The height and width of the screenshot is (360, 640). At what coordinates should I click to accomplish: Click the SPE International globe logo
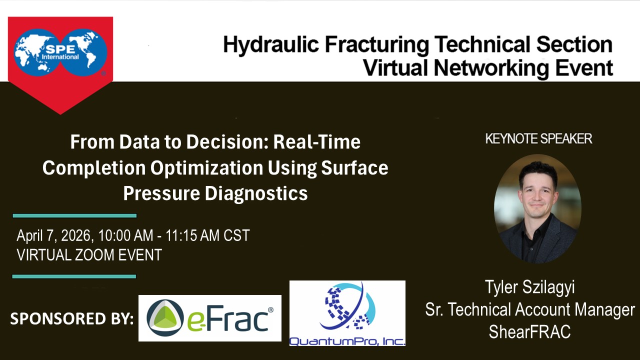point(60,52)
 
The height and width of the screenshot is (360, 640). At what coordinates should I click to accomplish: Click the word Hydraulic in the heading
point(271,45)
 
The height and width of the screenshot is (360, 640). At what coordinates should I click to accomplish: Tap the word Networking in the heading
point(491,68)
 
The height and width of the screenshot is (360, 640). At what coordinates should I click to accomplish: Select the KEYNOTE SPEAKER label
point(538,139)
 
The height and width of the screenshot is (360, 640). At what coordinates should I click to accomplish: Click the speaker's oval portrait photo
point(537,208)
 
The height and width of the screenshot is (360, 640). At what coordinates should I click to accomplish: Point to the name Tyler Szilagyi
point(529,287)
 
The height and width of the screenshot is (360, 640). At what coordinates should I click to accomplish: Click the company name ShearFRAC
point(529,331)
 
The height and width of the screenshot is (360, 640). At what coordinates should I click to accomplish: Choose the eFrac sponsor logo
point(209,318)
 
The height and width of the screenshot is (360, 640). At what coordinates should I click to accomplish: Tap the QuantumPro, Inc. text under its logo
point(347,341)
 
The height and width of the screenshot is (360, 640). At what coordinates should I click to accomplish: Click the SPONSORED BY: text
point(72,318)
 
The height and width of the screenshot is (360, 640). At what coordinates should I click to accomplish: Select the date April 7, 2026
point(53,236)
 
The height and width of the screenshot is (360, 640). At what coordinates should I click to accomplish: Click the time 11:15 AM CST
point(207,235)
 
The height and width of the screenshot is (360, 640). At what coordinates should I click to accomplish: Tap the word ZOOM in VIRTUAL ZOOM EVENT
point(94,255)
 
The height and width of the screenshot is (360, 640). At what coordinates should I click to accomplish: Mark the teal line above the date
point(74,215)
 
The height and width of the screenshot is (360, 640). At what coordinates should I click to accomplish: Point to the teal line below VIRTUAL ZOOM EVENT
point(74,276)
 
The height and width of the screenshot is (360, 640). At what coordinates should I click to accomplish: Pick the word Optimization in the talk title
point(206,168)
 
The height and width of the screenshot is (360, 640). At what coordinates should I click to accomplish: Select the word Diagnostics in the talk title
point(256,193)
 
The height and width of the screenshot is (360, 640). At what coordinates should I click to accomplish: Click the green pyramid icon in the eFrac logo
point(165,317)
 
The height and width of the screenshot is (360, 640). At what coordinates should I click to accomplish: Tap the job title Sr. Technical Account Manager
point(530,309)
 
